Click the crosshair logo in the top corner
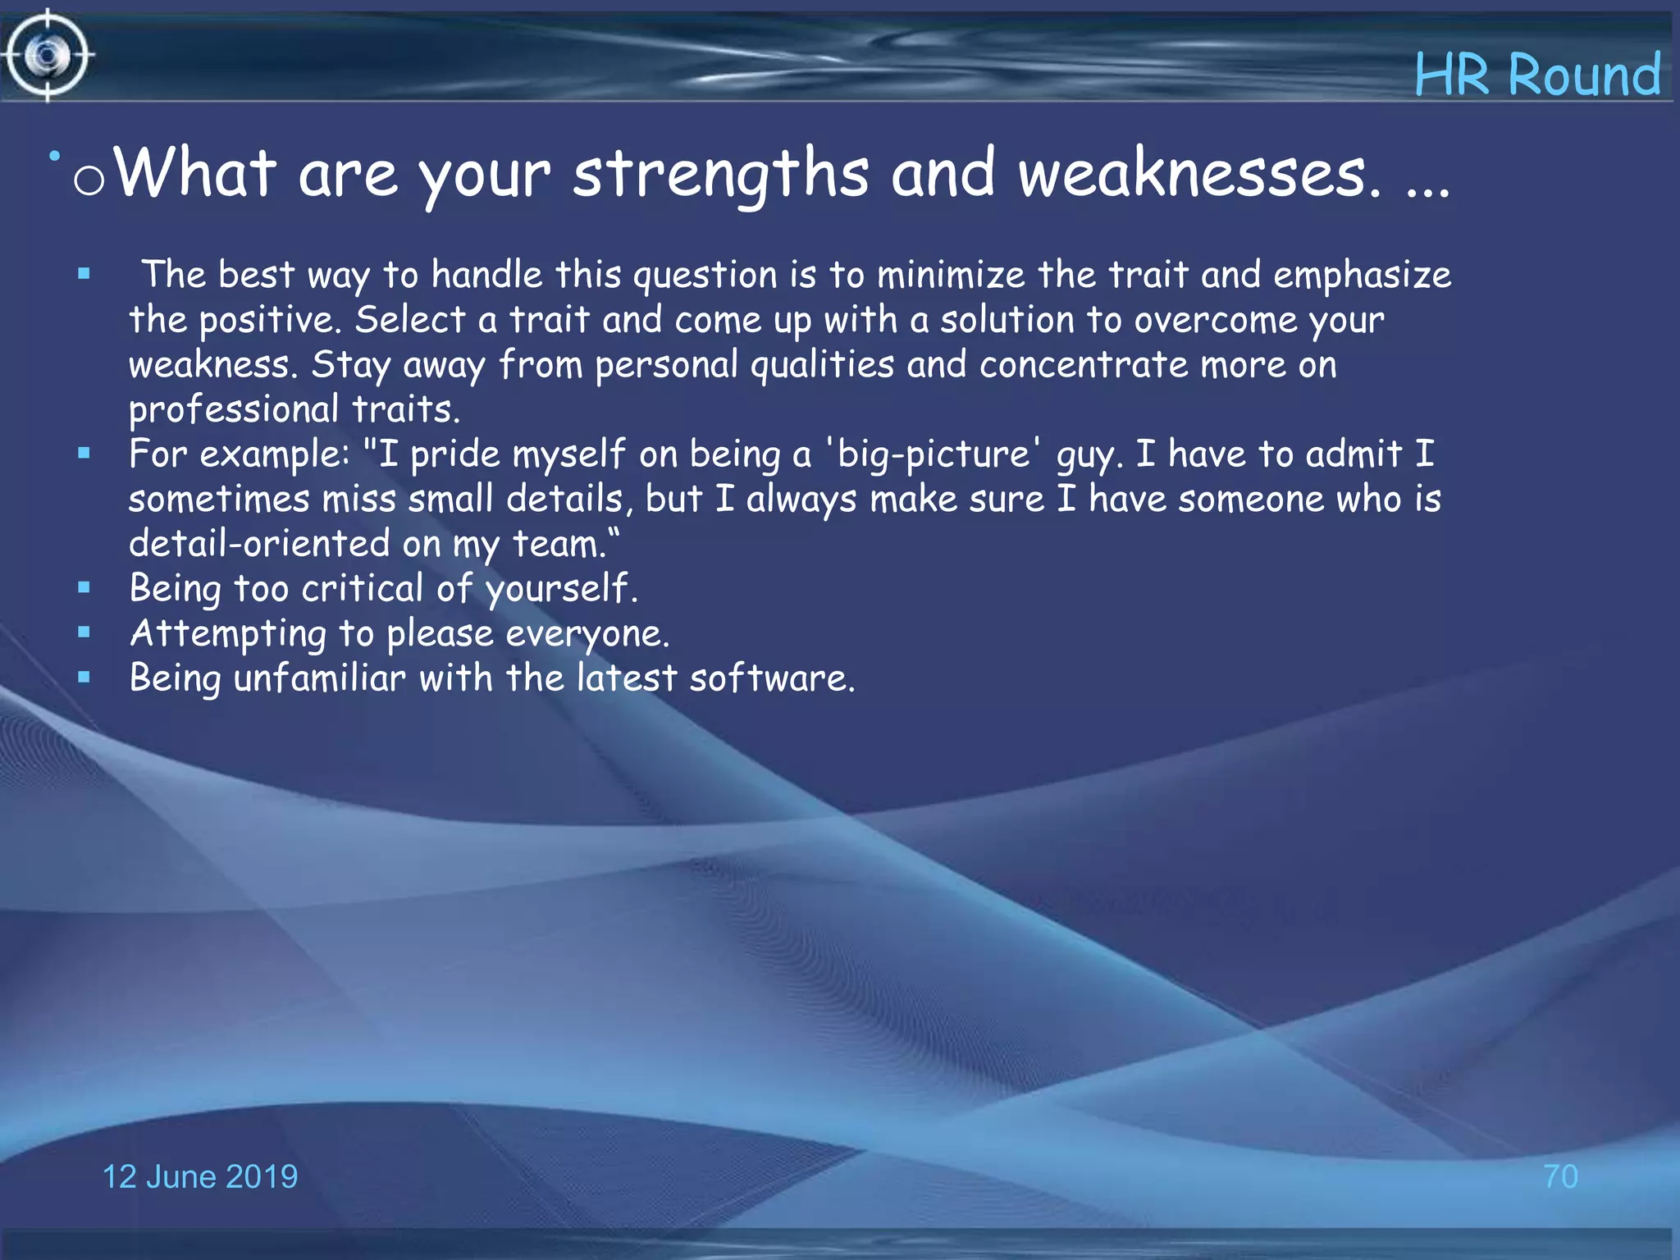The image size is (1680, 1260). (47, 56)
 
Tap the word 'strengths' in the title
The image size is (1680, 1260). (719, 174)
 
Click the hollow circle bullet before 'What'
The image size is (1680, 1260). (89, 180)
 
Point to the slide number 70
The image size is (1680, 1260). (1559, 1176)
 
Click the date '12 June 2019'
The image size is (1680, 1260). (199, 1176)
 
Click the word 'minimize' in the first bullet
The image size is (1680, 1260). (950, 275)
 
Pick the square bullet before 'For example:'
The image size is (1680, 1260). (84, 453)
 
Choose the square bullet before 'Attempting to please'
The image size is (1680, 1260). (84, 632)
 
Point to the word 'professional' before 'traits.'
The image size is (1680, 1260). (234, 409)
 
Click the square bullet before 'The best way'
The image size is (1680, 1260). (84, 274)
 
